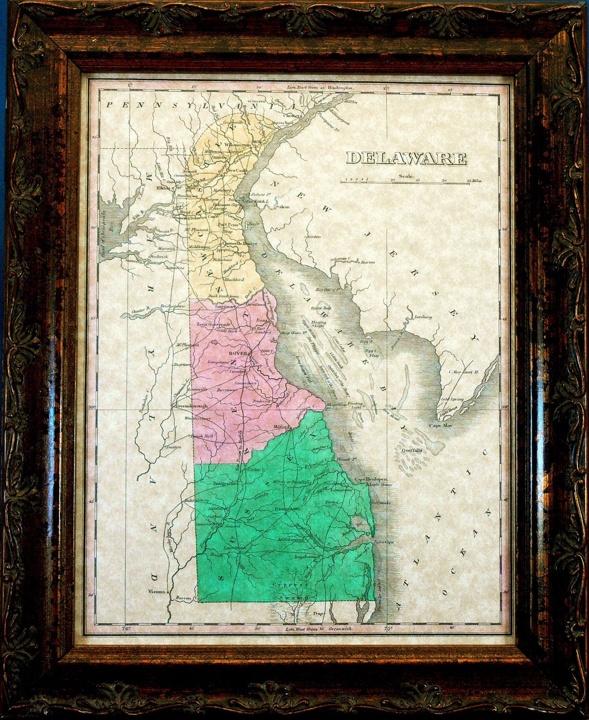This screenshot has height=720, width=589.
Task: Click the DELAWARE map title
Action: [x=407, y=158]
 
